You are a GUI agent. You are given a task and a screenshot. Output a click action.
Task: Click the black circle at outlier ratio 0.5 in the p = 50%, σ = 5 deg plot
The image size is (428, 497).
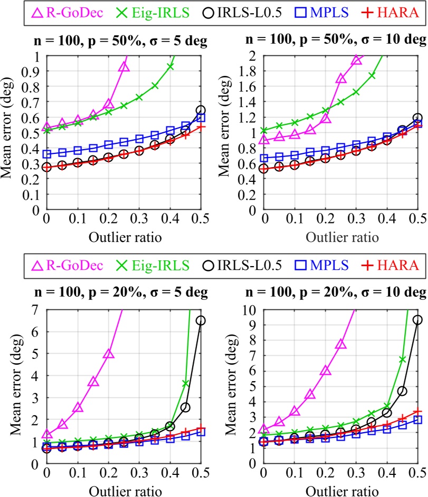click(201, 110)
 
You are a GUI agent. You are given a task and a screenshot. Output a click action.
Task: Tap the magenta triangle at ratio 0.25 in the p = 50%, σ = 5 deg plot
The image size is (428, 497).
click(124, 66)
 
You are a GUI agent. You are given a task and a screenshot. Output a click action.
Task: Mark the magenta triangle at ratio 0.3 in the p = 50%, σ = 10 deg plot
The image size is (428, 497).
click(356, 60)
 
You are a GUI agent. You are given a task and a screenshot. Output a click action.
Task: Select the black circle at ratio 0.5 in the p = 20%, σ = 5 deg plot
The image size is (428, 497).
click(201, 320)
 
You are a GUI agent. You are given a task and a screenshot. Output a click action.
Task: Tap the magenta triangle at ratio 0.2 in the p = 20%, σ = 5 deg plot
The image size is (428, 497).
click(108, 354)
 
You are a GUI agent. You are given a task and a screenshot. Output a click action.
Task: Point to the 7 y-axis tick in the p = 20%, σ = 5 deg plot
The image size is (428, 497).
click(37, 310)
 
